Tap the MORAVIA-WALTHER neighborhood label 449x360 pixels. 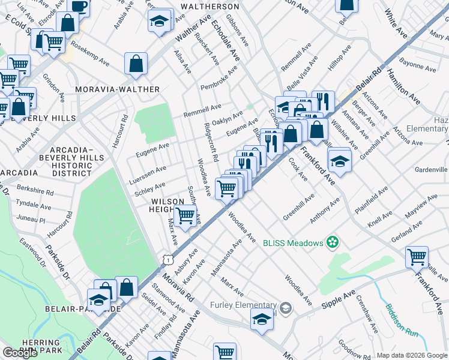(x=118, y=89)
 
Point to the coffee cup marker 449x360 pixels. (x=78, y=6)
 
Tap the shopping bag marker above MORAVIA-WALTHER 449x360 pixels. (x=136, y=64)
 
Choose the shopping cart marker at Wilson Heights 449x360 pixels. (x=185, y=216)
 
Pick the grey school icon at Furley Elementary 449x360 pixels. (x=286, y=308)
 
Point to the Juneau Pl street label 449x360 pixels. (x=31, y=220)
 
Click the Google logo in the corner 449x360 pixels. (x=20, y=353)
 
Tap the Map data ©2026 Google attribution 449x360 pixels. (x=412, y=355)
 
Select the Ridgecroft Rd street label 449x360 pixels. (x=211, y=142)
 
